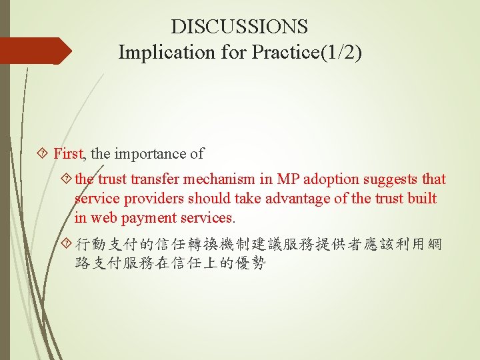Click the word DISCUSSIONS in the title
pyautogui.click(x=239, y=27)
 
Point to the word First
pyautogui.click(x=69, y=154)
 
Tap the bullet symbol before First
pyautogui.click(x=45, y=154)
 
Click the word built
pyautogui.click(x=421, y=199)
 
